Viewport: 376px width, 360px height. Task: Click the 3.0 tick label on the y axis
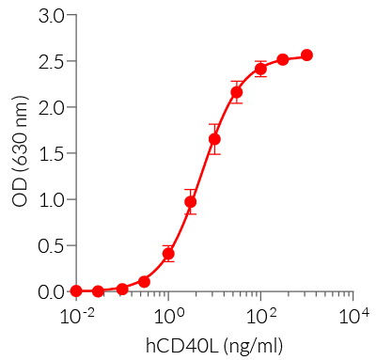[52, 16]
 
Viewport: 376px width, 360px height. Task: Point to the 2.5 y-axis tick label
[52, 62]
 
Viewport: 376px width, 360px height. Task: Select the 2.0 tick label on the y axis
[52, 108]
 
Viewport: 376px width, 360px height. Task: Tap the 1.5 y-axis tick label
[52, 154]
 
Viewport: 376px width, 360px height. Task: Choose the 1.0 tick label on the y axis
[52, 200]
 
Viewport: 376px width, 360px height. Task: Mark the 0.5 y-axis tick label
[52, 246]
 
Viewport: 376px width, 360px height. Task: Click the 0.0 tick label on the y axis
[52, 292]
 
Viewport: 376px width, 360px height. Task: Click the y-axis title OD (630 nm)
[20, 154]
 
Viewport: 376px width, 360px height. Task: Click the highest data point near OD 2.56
[306, 55]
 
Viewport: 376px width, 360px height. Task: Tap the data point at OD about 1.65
[214, 139]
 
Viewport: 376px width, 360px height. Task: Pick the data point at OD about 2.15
[237, 92]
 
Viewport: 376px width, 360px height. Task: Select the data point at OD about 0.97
[191, 201]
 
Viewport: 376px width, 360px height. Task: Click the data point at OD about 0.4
[168, 254]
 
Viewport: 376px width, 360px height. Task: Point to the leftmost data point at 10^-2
[76, 291]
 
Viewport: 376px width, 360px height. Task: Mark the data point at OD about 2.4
[260, 69]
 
